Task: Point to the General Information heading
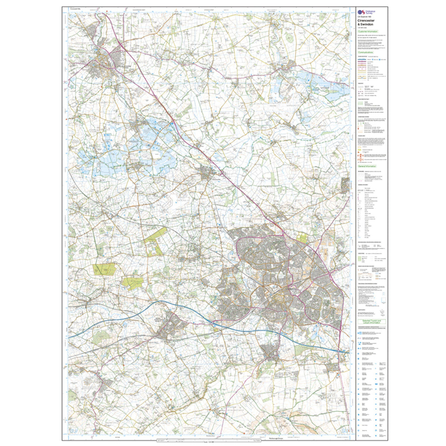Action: point(367,167)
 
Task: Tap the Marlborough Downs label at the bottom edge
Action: point(263,439)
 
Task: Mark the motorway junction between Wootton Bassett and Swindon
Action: point(213,324)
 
